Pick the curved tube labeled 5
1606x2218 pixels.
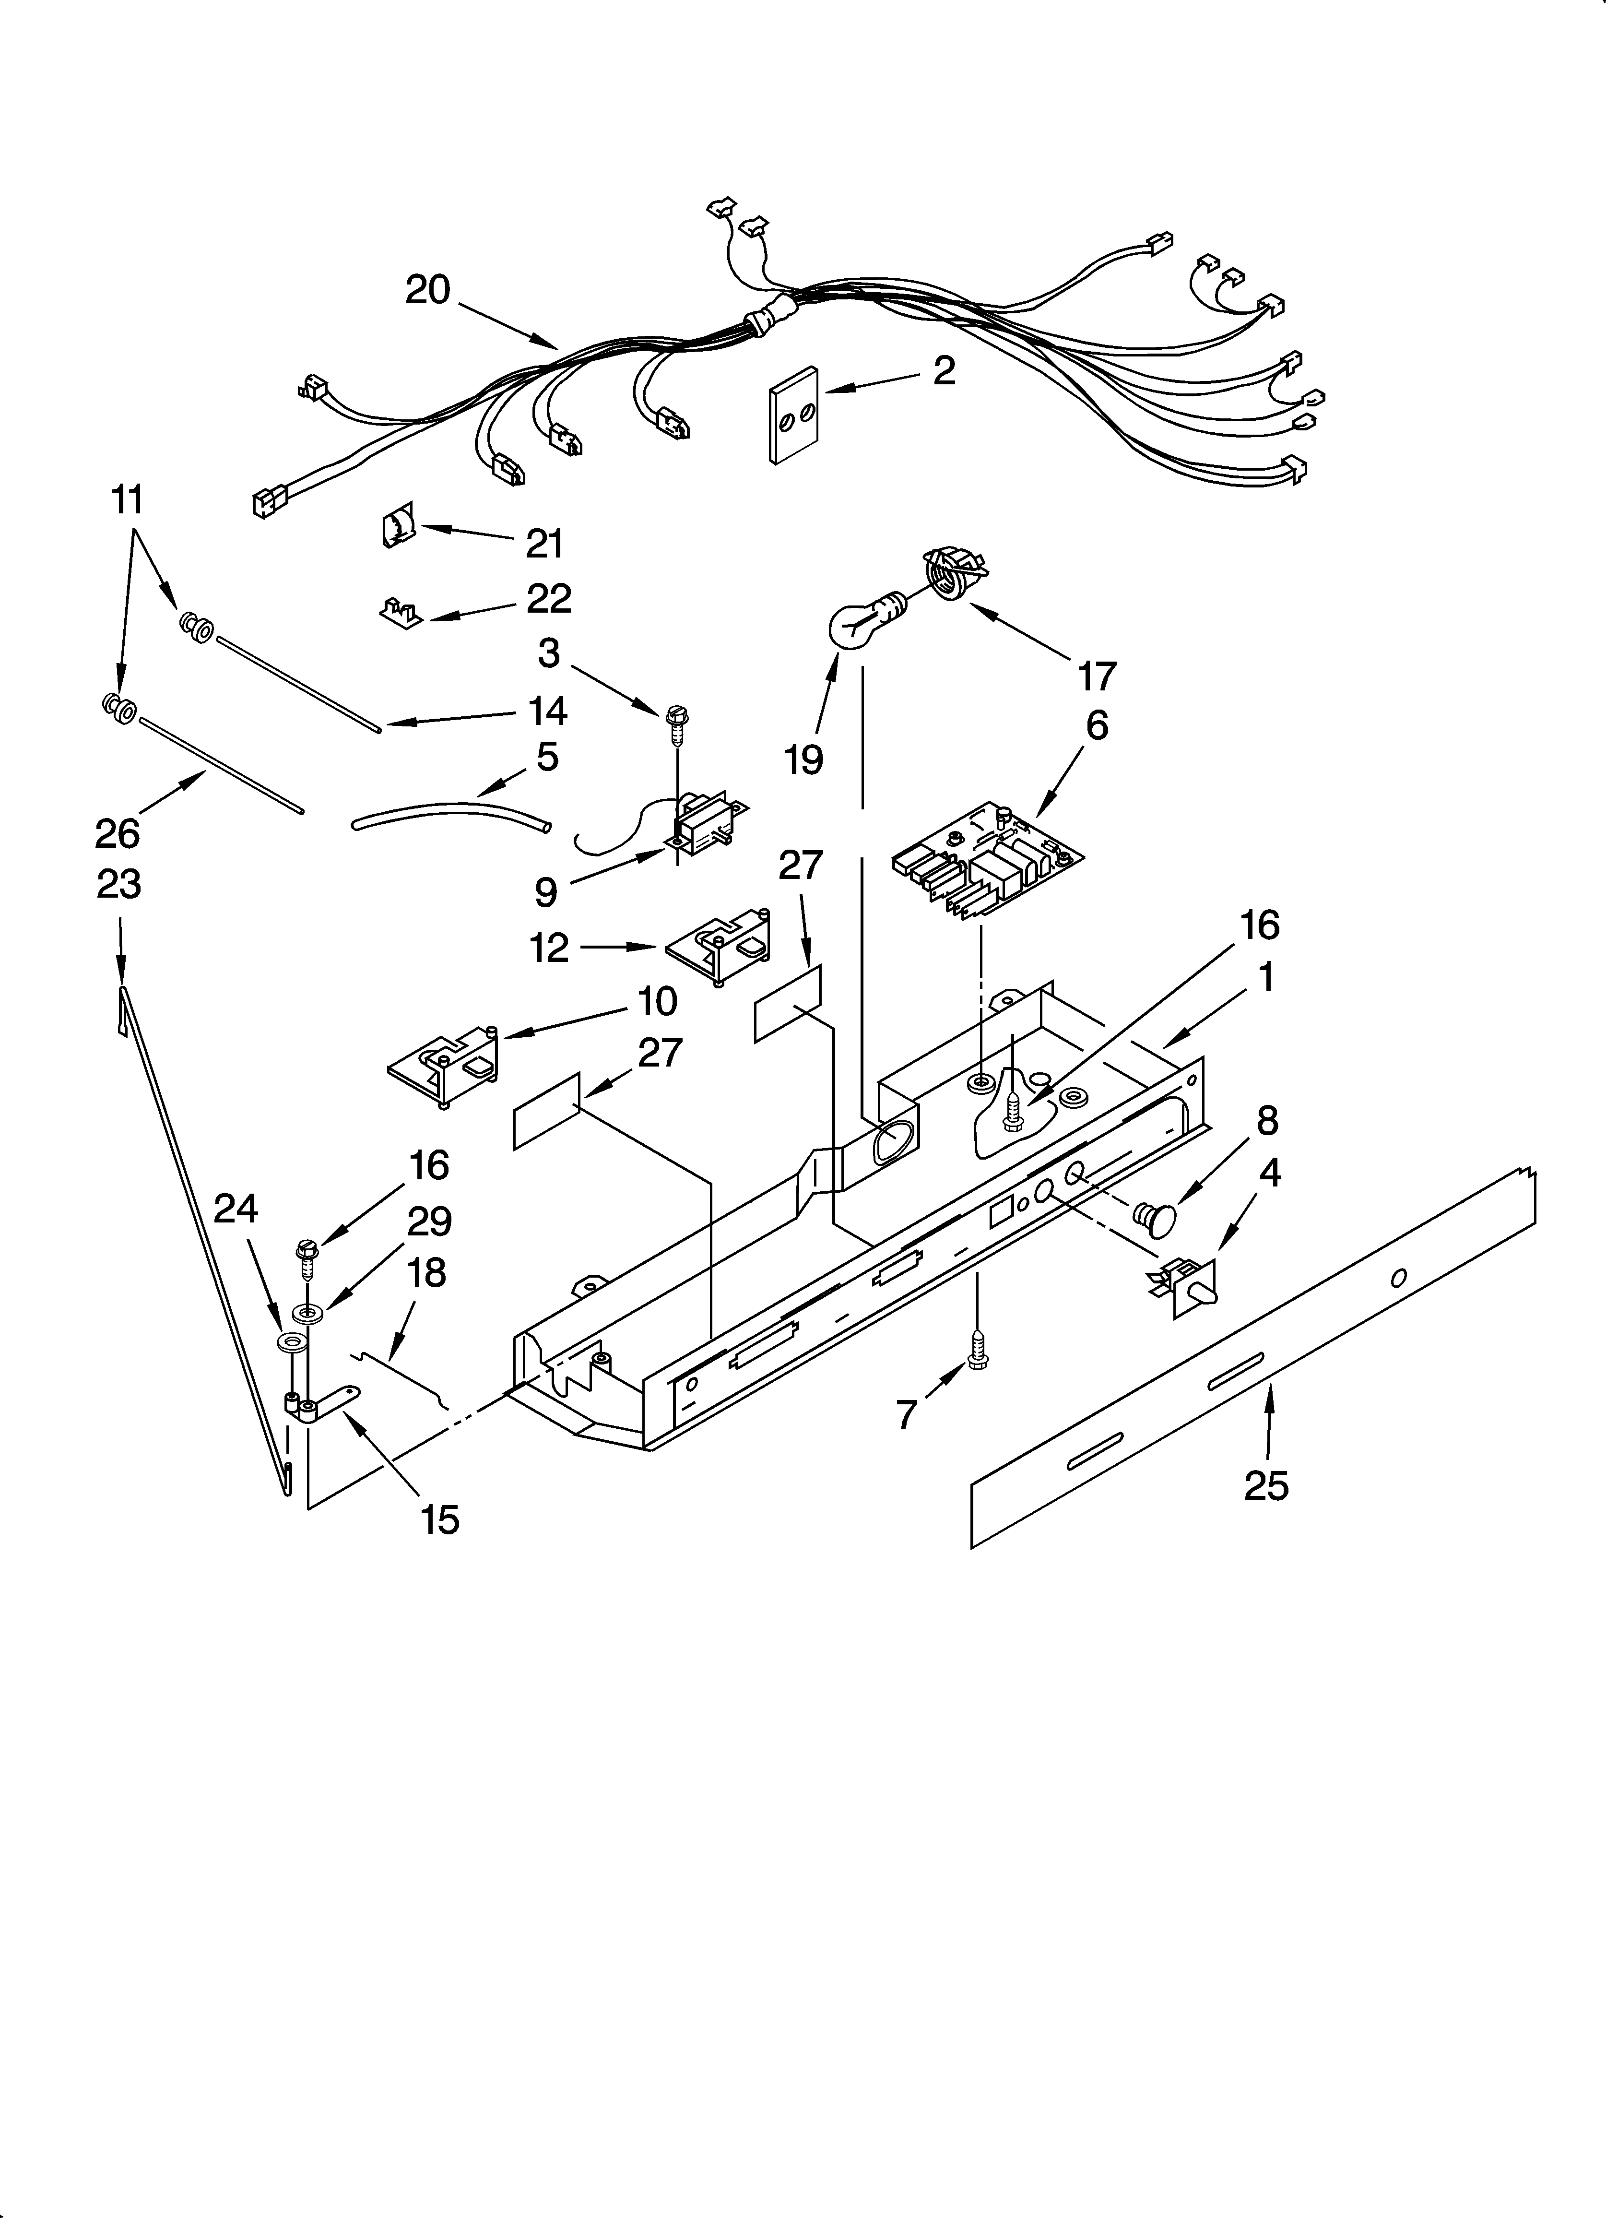click(450, 814)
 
